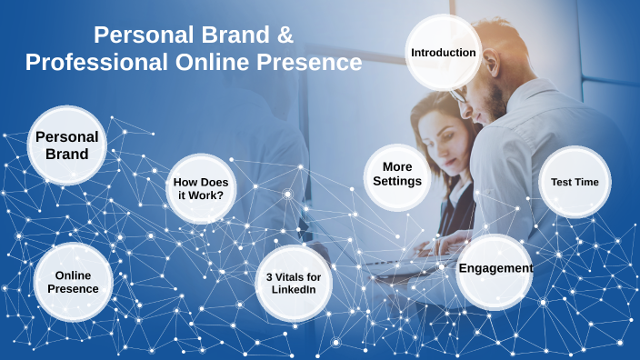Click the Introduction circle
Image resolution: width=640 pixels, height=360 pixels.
[444, 53]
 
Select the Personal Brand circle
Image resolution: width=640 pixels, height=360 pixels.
[67, 145]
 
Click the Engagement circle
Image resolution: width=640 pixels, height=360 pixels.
[495, 269]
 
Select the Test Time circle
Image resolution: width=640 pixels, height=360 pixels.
[575, 182]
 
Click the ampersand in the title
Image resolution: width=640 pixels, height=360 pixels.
[284, 35]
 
